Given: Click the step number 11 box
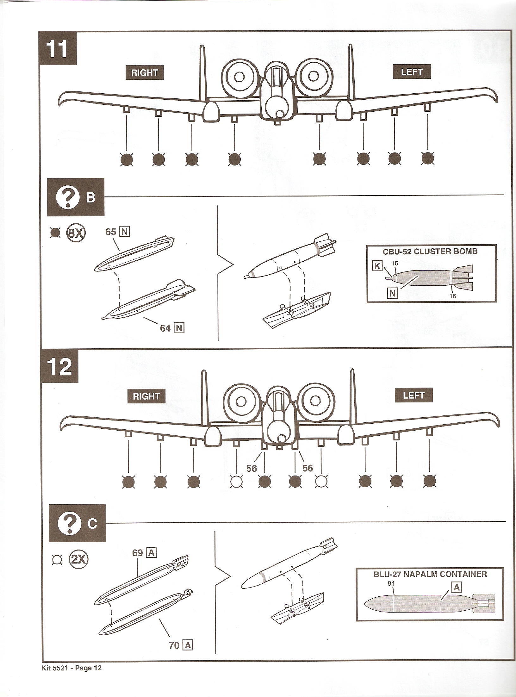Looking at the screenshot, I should click(x=57, y=48).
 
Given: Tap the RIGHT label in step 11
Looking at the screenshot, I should click(x=144, y=73).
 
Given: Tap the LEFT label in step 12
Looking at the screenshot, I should click(x=413, y=395).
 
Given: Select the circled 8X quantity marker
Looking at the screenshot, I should click(x=76, y=233).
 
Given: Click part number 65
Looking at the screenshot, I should click(x=111, y=232).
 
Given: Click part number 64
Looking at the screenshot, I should click(x=165, y=328).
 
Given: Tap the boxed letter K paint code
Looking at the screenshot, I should click(x=377, y=266).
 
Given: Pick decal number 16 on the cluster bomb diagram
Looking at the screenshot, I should click(x=453, y=296).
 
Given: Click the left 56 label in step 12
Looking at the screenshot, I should click(x=252, y=468).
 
